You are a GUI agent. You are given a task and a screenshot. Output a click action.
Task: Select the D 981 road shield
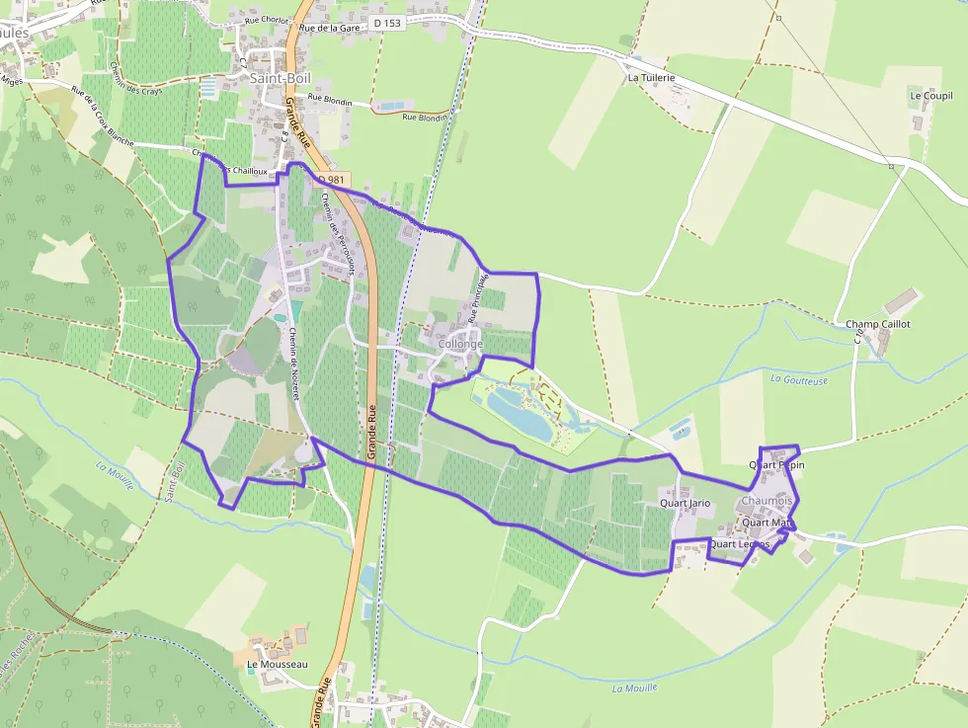tap(332, 180)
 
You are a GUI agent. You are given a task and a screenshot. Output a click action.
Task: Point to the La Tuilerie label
tap(651, 77)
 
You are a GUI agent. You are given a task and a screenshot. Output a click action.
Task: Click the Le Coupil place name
tap(930, 96)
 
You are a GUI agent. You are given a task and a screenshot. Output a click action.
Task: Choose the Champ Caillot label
tap(878, 324)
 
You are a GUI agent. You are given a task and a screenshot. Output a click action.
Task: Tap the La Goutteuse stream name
tap(799, 379)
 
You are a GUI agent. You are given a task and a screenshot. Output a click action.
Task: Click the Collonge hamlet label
tap(460, 344)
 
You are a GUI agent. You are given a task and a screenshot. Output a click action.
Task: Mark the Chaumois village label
tap(766, 502)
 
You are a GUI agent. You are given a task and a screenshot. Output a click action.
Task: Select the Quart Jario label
tap(686, 504)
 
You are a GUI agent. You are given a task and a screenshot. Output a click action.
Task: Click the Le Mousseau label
tap(278, 665)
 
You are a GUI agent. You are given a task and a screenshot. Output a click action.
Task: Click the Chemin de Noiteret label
tap(293, 364)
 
